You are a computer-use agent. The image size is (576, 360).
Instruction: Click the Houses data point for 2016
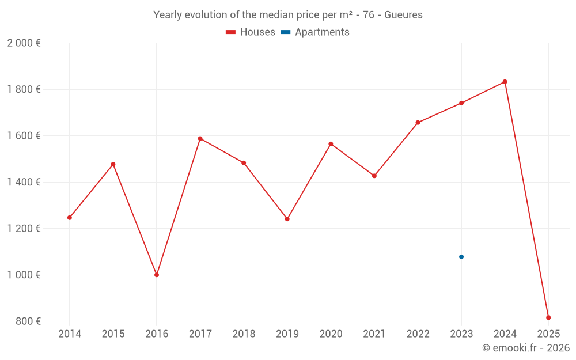click(x=157, y=275)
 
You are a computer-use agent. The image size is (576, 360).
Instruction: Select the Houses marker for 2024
click(x=505, y=82)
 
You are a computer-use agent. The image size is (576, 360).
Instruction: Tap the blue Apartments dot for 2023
click(x=461, y=257)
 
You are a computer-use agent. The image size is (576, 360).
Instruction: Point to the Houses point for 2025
click(x=548, y=317)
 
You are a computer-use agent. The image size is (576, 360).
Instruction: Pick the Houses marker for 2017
click(x=200, y=138)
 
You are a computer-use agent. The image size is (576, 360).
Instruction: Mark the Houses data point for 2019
click(x=287, y=219)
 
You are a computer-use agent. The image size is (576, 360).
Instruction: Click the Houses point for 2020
click(x=331, y=143)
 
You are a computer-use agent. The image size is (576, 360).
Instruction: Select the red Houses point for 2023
click(x=461, y=103)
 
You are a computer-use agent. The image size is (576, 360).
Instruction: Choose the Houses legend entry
click(x=251, y=32)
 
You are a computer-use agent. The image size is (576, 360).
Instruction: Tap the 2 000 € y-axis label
click(x=24, y=43)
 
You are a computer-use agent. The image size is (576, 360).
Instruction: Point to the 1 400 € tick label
click(x=24, y=182)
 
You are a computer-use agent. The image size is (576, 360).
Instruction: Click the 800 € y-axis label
click(x=28, y=321)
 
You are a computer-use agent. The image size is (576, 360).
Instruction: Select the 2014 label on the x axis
click(x=70, y=334)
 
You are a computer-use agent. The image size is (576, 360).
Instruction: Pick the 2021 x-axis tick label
click(x=374, y=334)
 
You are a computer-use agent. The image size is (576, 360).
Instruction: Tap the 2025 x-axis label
click(x=548, y=334)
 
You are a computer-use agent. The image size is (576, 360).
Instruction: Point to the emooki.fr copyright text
click(x=525, y=348)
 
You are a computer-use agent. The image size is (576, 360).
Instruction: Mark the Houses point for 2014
click(x=70, y=218)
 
